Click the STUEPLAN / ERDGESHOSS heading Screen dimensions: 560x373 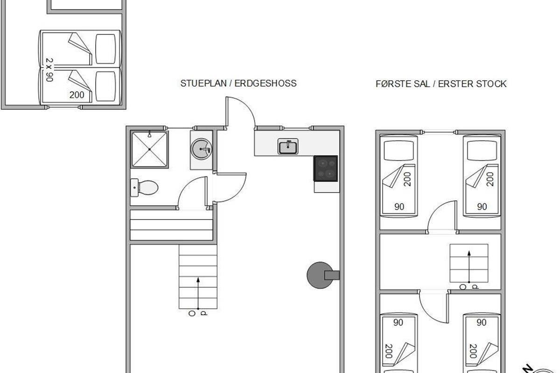tap(238, 83)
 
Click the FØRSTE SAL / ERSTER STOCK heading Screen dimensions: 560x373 tap(441, 84)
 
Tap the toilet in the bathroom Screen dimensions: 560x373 tap(144, 187)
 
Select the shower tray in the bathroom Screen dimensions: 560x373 tap(149, 149)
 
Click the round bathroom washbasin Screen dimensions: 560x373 tap(202, 149)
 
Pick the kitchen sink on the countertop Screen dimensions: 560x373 tap(288, 146)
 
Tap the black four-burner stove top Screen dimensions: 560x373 tap(326, 168)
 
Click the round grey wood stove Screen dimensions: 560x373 tap(320, 275)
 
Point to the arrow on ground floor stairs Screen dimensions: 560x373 tap(198, 293)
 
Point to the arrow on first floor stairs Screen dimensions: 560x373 tap(469, 267)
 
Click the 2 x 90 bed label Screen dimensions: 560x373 tap(49, 69)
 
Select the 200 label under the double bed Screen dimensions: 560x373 tap(77, 95)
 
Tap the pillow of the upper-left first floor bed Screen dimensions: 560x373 tap(399, 151)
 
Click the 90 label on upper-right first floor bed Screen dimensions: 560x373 tap(482, 207)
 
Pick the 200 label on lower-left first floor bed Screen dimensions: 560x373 tap(388, 351)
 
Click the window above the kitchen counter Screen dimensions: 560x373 tap(296, 128)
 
